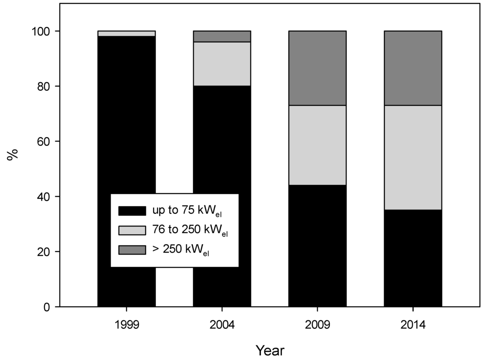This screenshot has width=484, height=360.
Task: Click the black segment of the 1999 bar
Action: click(126, 118)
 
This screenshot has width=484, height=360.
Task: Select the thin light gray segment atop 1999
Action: click(126, 34)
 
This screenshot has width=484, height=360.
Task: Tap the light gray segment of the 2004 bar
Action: click(222, 64)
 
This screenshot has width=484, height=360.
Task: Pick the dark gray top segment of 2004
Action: click(222, 36)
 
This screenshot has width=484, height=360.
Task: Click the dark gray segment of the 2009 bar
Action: click(317, 68)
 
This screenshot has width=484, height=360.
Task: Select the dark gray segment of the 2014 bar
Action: click(413, 68)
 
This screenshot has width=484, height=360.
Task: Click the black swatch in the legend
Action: click(132, 210)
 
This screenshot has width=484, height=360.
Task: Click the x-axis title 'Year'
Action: click(270, 351)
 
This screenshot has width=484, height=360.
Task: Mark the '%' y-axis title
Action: click(13, 155)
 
